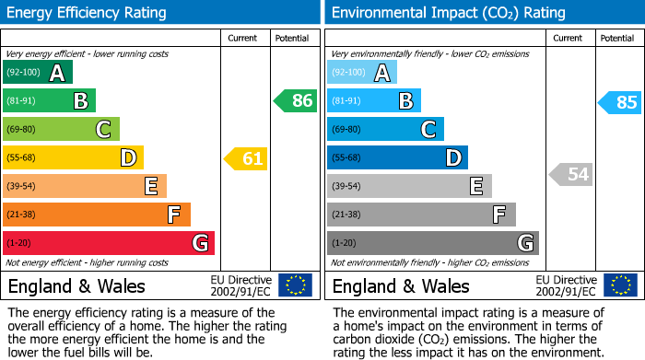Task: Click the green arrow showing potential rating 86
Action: [x=296, y=101]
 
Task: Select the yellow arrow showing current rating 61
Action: [x=246, y=158]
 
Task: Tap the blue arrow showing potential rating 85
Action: [x=620, y=102]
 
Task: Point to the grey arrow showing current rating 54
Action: [x=571, y=174]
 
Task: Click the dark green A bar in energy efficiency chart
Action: [x=38, y=73]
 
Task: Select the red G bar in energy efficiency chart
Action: [x=109, y=243]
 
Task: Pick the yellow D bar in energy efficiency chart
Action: [x=74, y=158]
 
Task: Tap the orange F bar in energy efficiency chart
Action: [x=97, y=215]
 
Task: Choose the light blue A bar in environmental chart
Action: [x=362, y=73]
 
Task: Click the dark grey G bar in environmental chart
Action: [x=433, y=243]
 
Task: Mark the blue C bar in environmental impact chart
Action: [x=385, y=129]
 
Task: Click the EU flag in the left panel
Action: [x=296, y=285]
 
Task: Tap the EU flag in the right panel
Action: [x=620, y=285]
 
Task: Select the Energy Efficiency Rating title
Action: [x=88, y=13]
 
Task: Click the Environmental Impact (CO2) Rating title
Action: [x=448, y=13]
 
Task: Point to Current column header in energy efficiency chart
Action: [x=243, y=39]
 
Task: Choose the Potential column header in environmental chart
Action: [x=617, y=39]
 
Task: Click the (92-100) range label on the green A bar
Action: [x=23, y=73]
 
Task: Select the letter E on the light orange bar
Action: [x=150, y=186]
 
